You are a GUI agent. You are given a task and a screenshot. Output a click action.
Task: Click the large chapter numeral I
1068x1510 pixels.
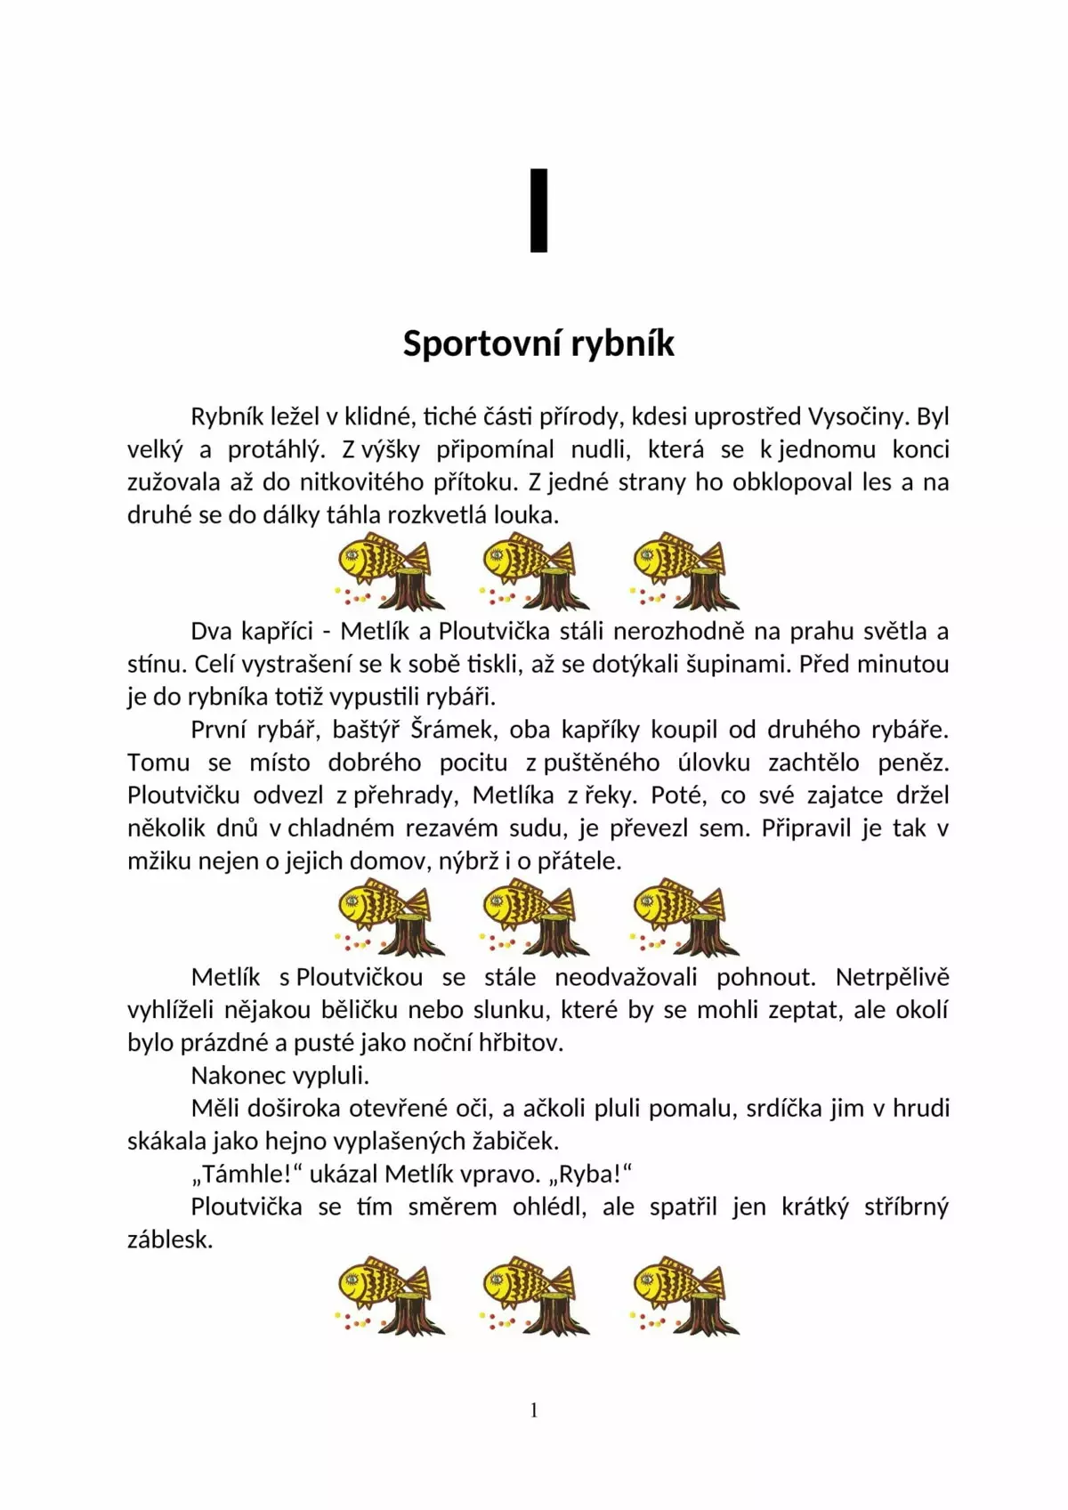(x=538, y=211)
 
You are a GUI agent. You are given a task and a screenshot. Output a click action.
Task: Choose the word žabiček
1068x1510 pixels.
(x=515, y=1141)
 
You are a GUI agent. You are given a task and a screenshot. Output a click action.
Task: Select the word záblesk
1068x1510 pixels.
(x=170, y=1239)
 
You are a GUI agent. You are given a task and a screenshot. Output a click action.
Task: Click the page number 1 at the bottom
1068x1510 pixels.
(x=534, y=1409)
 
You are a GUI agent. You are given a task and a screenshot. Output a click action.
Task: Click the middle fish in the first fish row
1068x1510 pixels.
(x=534, y=570)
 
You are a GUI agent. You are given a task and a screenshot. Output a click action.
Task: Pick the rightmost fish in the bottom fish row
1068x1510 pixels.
(x=684, y=1295)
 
